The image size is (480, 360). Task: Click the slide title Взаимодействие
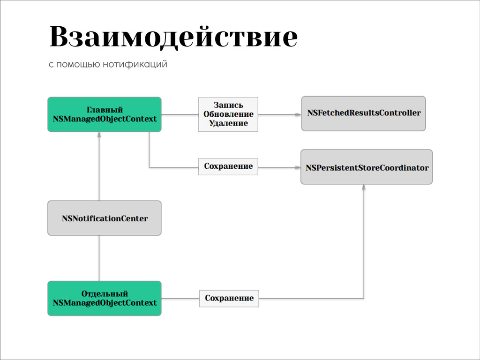click(173, 37)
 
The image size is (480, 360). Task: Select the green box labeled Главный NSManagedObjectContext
click(104, 114)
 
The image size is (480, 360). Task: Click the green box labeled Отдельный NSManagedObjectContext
click(104, 298)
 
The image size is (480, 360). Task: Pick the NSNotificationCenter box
click(104, 218)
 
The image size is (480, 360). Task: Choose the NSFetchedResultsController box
click(363, 113)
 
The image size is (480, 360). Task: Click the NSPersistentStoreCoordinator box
click(367, 167)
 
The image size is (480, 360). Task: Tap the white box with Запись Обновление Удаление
click(228, 114)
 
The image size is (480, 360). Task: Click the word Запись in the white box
click(228, 105)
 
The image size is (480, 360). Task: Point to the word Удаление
click(228, 123)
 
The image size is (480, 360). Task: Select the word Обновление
click(228, 114)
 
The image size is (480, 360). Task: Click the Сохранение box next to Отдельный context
click(229, 298)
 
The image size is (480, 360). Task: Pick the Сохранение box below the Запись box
click(228, 166)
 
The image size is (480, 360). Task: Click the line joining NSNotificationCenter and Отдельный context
click(99, 258)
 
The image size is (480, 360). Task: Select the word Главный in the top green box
click(105, 110)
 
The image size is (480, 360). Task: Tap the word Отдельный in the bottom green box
click(105, 294)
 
